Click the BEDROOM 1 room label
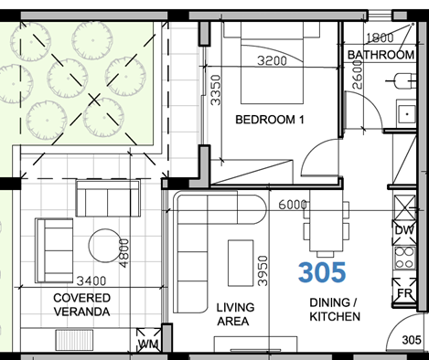[269, 121]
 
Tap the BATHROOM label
[381, 55]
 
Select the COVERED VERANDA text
[81, 305]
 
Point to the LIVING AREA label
[235, 314]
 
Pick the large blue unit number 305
[325, 272]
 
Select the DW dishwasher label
[402, 229]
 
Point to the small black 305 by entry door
[412, 340]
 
